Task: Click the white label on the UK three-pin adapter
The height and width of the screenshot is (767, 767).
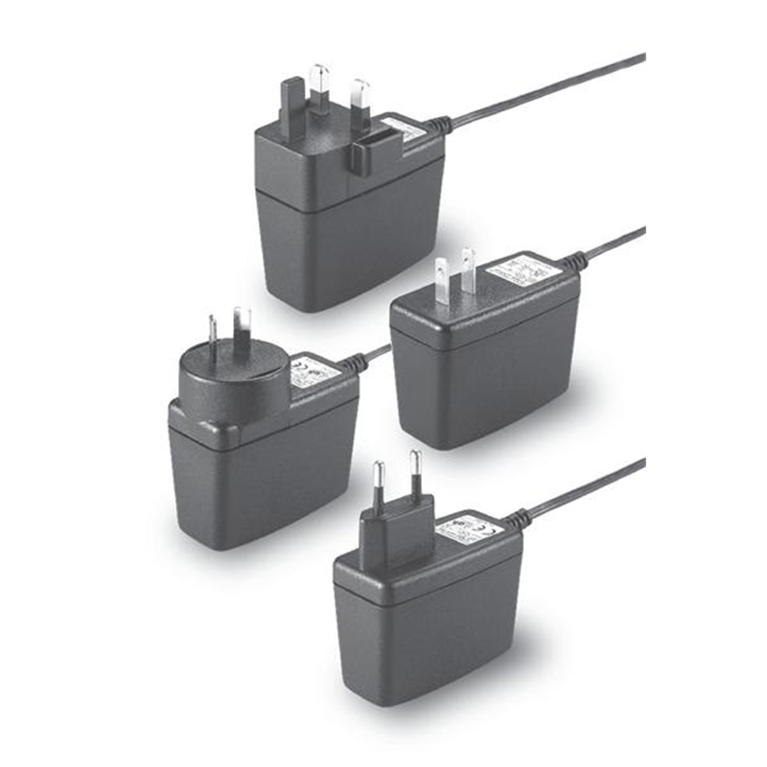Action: (x=407, y=131)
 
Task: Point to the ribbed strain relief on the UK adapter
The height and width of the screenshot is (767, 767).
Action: (x=437, y=125)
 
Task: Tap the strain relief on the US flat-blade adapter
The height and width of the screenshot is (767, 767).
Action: (x=572, y=259)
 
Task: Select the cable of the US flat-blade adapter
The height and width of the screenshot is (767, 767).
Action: (x=614, y=242)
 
